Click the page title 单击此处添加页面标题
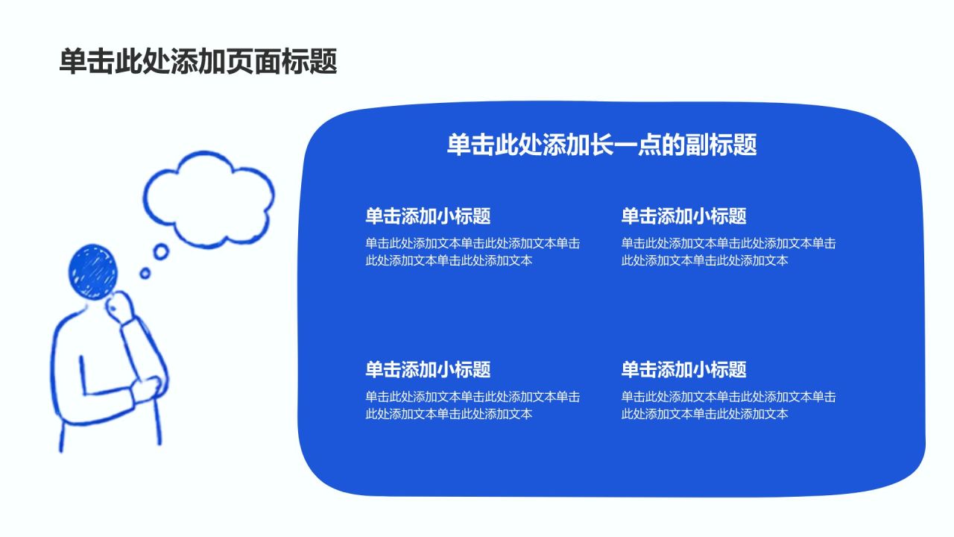click(x=198, y=61)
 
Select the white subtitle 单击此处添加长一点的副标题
click(x=601, y=145)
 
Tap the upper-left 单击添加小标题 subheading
click(x=428, y=216)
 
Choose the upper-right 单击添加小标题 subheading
click(x=683, y=216)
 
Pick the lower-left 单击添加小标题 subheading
click(x=428, y=369)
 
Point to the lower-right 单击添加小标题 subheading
click(x=683, y=369)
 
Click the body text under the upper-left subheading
click(x=473, y=252)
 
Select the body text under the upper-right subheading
click(x=728, y=252)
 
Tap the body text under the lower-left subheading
click(x=473, y=405)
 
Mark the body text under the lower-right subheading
click(x=728, y=405)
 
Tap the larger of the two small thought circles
click(x=161, y=251)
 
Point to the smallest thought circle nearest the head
click(x=145, y=273)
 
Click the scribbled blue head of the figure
click(x=92, y=272)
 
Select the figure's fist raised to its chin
click(x=120, y=308)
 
